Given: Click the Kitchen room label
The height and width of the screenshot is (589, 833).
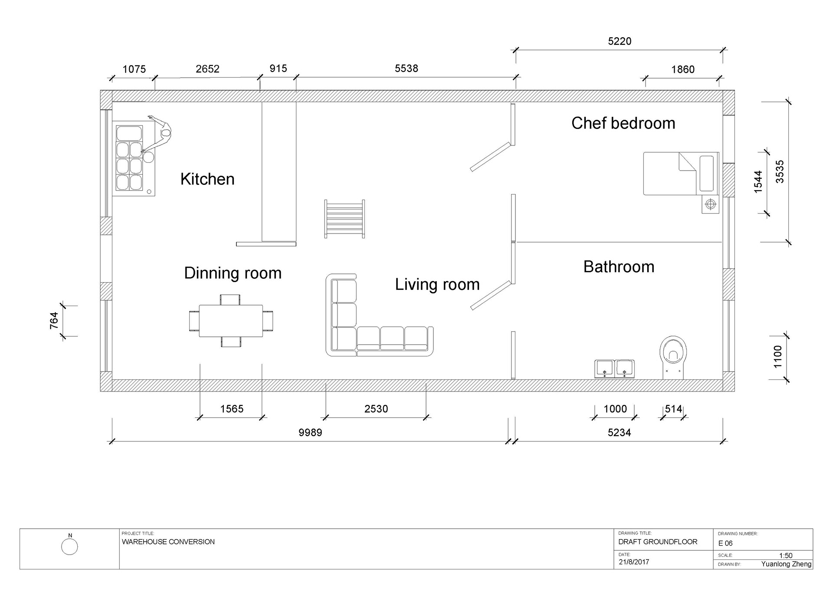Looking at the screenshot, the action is (207, 179).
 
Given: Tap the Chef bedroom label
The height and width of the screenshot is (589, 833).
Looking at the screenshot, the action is (623, 123).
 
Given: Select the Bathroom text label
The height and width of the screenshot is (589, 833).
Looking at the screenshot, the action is (619, 267).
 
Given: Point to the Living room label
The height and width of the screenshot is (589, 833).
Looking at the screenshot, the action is (437, 285).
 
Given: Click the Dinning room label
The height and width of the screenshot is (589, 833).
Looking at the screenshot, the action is (233, 273).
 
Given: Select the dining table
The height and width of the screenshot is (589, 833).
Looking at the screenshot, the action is (231, 321).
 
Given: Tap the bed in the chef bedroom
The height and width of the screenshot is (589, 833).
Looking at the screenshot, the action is (681, 174).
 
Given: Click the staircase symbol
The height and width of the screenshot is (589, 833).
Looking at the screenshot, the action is (344, 219).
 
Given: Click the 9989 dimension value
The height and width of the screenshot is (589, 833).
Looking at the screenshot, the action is (310, 433).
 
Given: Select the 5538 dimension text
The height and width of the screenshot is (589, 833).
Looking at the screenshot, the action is (407, 69).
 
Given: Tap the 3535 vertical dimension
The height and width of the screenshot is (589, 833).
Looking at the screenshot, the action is (780, 172).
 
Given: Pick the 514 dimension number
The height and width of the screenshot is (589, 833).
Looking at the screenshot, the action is (674, 409).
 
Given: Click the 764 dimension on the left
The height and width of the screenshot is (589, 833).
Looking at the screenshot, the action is (54, 321).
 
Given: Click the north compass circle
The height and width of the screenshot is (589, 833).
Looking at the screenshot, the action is (69, 546).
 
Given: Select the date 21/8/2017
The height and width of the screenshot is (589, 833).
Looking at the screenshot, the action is (634, 562).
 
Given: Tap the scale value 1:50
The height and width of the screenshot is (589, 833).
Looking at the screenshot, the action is (786, 556).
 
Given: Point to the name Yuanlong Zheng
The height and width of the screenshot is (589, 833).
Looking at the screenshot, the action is (786, 564).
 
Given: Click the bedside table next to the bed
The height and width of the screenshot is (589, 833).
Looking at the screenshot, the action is (710, 204).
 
